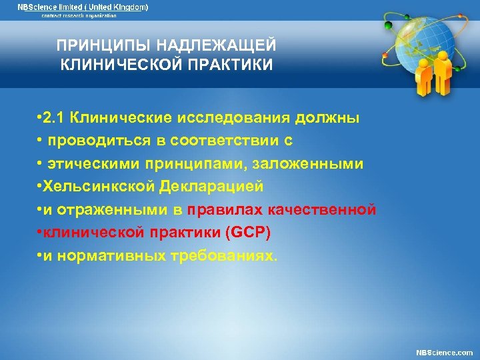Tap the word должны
[332, 119]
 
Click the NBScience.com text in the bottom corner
[444, 352]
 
